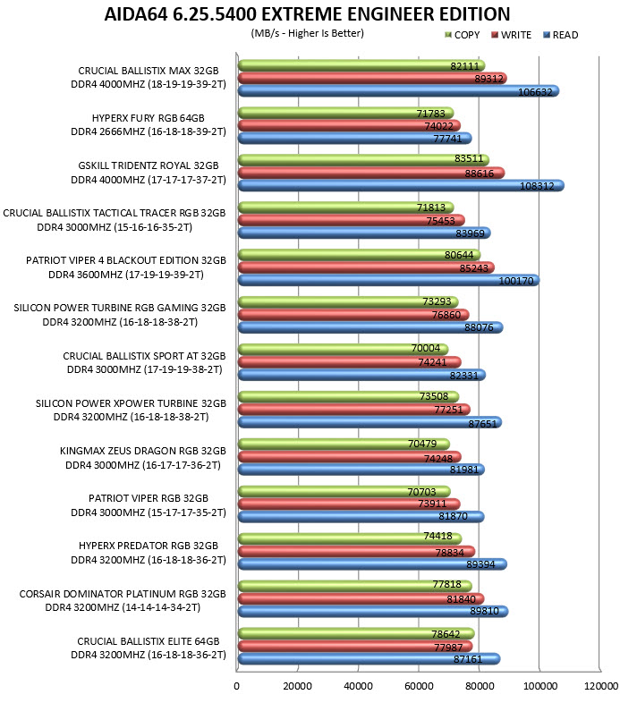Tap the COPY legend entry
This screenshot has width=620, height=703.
coord(462,35)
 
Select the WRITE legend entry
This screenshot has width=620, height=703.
coord(511,35)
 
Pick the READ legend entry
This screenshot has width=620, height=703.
coord(560,35)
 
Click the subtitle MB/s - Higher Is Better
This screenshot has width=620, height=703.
coord(307,33)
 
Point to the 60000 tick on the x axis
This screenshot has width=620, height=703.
coord(419,686)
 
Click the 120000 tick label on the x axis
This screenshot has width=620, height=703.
coord(601,686)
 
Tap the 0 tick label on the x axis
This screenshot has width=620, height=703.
coord(236,686)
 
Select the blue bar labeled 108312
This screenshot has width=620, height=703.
coord(401,186)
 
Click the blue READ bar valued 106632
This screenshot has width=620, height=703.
coord(398,91)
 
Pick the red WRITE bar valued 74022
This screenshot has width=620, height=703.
coord(349,125)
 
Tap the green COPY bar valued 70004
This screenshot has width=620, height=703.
coord(343,349)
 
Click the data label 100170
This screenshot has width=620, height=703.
coord(516,281)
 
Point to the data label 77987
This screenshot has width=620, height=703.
coord(448,647)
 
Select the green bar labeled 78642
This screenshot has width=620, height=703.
coord(356,633)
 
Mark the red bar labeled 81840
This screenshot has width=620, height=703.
coord(361,598)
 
